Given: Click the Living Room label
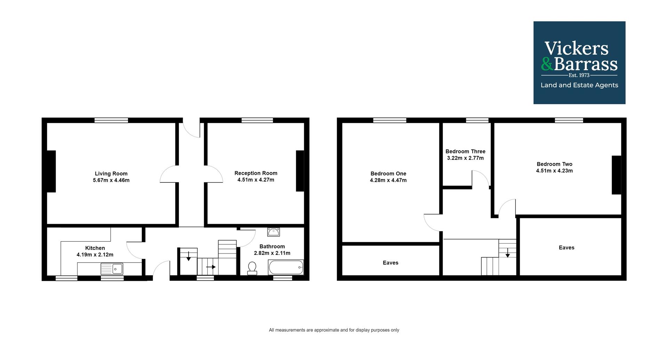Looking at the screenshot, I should click(111, 173).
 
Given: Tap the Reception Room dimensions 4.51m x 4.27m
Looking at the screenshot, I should click(256, 180).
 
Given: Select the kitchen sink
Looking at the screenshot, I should click(112, 269).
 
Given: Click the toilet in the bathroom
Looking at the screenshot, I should click(252, 268).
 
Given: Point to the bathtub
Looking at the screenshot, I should click(286, 267).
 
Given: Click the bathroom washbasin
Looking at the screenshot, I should click(273, 232).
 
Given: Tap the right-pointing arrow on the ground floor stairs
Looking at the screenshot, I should click(211, 267).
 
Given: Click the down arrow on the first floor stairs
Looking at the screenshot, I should click(508, 253).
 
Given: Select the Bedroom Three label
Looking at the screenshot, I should click(465, 151).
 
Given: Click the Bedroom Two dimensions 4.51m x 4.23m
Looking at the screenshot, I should click(554, 171).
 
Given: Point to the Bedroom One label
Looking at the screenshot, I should click(388, 173).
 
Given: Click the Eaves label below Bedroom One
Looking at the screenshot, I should click(390, 263).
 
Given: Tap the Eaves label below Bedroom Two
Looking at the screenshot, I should click(566, 248).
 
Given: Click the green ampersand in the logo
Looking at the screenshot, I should click(547, 64).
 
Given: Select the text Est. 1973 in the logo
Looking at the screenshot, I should click(579, 75).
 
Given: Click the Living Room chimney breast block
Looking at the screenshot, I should click(51, 171).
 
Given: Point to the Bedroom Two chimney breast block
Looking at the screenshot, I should click(616, 175).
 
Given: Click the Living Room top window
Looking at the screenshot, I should click(111, 120).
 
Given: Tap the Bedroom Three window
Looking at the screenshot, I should click(477, 120).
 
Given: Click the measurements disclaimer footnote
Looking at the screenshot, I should click(334, 330).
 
